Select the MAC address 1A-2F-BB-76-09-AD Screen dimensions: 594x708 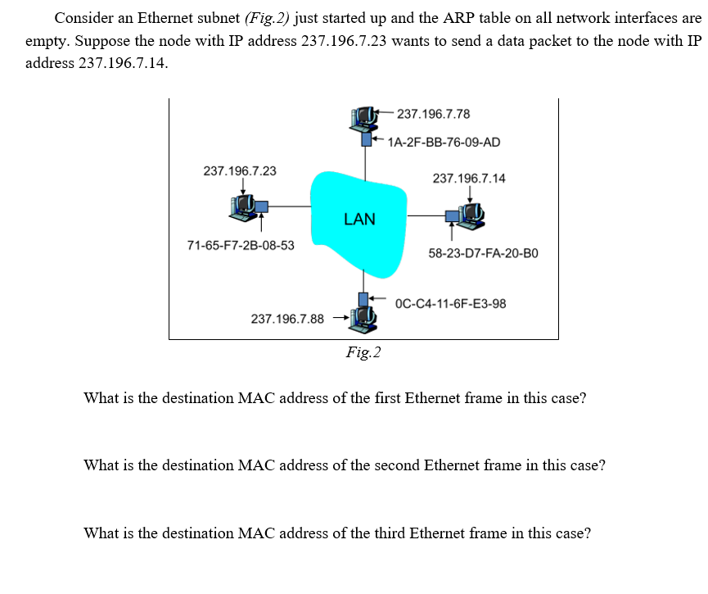click(x=444, y=142)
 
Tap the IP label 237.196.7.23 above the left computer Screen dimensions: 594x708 click(x=239, y=171)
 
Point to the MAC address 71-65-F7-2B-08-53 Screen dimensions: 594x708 click(x=241, y=245)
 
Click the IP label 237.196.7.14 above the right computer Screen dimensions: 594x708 click(x=469, y=178)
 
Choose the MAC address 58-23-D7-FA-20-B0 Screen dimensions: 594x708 click(x=482, y=253)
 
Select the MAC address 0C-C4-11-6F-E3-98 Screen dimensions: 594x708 click(x=450, y=304)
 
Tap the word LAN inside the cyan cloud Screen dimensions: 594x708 click(x=359, y=219)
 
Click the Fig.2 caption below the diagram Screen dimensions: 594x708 click(x=363, y=352)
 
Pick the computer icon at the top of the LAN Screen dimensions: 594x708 click(x=362, y=120)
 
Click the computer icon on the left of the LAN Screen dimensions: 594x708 click(x=245, y=209)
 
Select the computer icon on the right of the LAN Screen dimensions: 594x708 click(x=471, y=214)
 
